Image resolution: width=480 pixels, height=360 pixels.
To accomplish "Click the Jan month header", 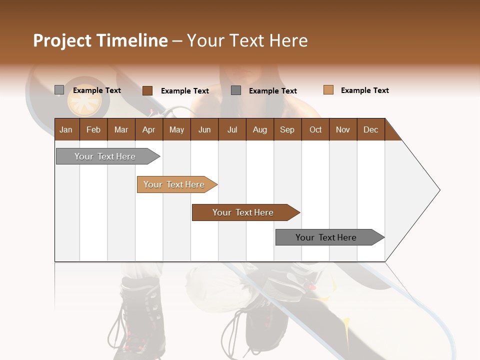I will pos(66,129).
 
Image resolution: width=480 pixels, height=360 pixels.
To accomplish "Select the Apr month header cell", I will pos(148,129).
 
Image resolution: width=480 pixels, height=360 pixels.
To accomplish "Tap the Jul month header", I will pos(232,129).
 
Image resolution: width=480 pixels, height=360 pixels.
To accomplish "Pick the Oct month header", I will pos(315,129).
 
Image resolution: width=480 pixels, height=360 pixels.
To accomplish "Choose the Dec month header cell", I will pos(370,129).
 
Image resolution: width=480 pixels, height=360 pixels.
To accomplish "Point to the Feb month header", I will pos(93,129).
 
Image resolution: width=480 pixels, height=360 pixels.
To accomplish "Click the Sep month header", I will pos(287,129).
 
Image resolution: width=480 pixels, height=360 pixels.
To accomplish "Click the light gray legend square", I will pos(59,90).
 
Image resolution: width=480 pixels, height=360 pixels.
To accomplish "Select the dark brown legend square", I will pos(147,90).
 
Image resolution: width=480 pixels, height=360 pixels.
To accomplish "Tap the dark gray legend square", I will pos(236,90).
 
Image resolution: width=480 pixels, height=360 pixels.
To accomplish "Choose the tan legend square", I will pos(328,90).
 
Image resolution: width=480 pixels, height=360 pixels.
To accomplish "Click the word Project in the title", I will pos(62,40).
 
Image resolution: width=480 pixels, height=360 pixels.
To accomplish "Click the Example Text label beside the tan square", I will pos(364,90).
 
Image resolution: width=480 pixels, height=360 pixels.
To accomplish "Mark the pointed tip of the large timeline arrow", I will pos(439,190).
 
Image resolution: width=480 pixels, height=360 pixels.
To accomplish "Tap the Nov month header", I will pos(343,129).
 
